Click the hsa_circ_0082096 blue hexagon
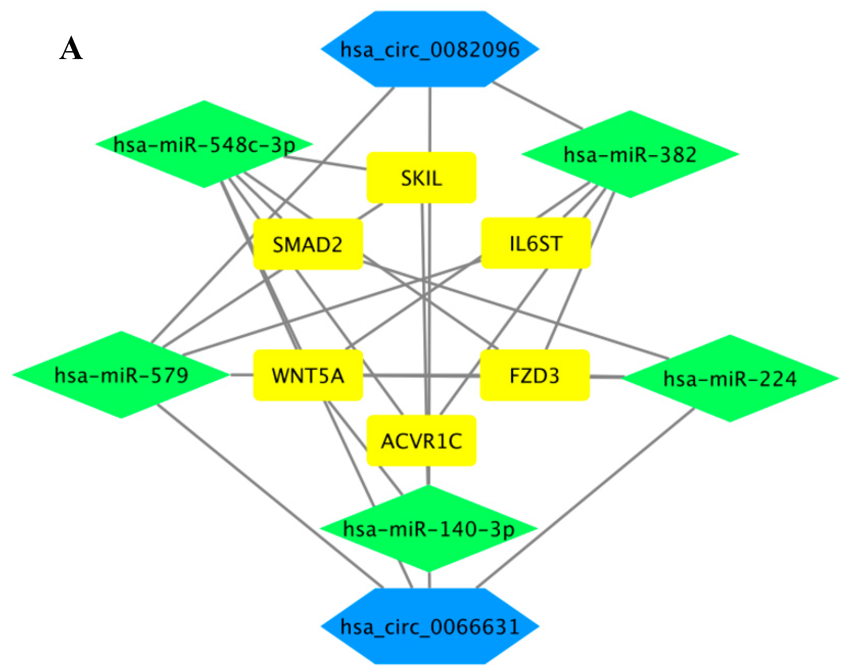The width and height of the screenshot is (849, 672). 429,49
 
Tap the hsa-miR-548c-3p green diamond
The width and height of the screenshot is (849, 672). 204,144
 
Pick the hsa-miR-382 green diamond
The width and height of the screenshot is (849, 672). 630,154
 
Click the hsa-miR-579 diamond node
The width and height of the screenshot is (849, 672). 121,374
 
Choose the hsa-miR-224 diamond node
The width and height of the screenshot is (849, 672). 730,379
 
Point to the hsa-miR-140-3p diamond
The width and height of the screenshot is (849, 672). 429,529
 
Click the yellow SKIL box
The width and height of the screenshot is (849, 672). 422,178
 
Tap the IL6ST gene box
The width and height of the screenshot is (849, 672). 535,243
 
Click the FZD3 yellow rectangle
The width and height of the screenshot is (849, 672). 534,375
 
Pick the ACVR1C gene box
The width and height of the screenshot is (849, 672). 422,441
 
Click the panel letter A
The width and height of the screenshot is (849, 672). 71,48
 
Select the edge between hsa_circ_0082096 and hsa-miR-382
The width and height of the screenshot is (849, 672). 537,105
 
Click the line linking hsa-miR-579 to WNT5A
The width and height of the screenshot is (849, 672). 241,374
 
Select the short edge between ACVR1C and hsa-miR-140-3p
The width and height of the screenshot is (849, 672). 428,476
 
